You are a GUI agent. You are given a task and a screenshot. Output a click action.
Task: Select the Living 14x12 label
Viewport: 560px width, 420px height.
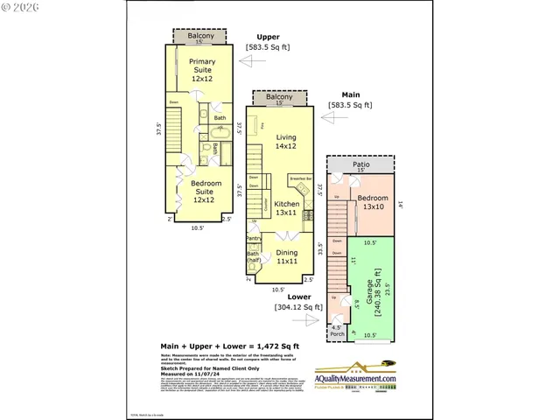click(x=287, y=143)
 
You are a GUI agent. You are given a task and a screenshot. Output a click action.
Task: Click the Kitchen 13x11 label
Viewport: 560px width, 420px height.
click(x=287, y=207)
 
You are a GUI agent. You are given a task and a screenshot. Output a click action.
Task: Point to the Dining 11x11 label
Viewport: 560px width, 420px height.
click(x=287, y=256)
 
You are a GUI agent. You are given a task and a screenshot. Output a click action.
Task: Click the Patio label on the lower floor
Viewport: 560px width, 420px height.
click(x=360, y=164)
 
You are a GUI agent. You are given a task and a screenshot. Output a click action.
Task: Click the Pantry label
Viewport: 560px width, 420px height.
click(x=254, y=238)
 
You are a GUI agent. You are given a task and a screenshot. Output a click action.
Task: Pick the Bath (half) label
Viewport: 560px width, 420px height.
click(x=254, y=258)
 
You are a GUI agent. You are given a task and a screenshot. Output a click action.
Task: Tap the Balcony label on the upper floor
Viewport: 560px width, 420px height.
click(x=199, y=36)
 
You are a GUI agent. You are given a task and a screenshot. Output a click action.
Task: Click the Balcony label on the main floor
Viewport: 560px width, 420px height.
click(x=280, y=97)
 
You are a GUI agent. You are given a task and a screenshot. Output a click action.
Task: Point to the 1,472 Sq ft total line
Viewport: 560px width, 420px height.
click(x=230, y=346)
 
